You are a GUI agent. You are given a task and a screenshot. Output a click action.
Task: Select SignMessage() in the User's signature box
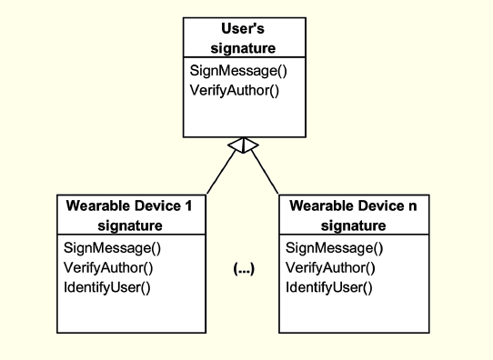click(x=233, y=71)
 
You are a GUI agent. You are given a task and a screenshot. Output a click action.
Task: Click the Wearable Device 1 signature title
click(x=130, y=215)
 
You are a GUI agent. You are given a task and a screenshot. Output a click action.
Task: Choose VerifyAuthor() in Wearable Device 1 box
click(x=108, y=267)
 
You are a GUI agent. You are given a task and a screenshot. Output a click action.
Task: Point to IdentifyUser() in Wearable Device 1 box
click(x=106, y=287)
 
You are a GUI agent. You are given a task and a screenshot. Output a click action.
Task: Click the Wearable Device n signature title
click(x=353, y=215)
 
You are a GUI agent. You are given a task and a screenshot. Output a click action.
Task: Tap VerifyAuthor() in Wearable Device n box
click(x=331, y=267)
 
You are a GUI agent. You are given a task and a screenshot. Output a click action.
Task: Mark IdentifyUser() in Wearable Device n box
click(x=329, y=287)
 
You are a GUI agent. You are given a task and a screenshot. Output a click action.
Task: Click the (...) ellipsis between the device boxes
click(x=244, y=270)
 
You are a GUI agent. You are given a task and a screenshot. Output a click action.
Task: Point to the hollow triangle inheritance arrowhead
click(x=244, y=145)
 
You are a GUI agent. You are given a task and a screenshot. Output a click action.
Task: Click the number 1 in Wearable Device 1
click(x=188, y=206)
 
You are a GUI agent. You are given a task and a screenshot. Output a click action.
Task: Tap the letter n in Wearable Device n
click(x=411, y=206)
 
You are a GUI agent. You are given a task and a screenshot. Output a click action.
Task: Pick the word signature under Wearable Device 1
click(x=130, y=225)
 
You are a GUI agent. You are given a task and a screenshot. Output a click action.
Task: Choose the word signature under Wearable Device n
click(x=353, y=225)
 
